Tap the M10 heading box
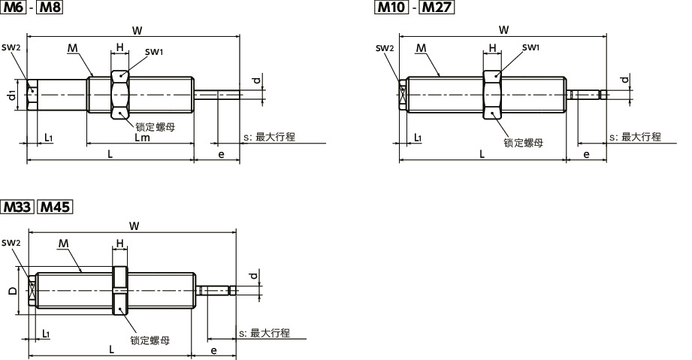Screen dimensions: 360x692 pyautogui.click(x=391, y=8)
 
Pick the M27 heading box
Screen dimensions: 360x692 pyautogui.click(x=438, y=8)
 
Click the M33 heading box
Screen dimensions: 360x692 pyautogui.click(x=17, y=206)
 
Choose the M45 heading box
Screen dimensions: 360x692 pyautogui.click(x=55, y=206)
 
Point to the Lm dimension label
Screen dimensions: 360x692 pyautogui.click(x=141, y=138)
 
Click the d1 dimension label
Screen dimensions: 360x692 pyautogui.click(x=12, y=95)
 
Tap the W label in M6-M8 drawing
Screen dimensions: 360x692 pyautogui.click(x=135, y=31)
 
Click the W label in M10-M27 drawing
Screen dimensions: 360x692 pyautogui.click(x=503, y=30)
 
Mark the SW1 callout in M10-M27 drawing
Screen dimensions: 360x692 pyautogui.click(x=530, y=47)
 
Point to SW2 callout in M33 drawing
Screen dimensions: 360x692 pyautogui.click(x=11, y=243)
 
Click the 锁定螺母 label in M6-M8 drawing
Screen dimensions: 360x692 pyautogui.click(x=156, y=127)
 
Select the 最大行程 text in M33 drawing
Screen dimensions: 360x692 pyautogui.click(x=270, y=333)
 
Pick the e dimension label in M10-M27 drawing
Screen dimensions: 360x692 pyautogui.click(x=586, y=154)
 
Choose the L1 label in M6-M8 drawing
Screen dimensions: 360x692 pyautogui.click(x=48, y=138)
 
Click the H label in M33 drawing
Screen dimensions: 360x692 pyautogui.click(x=119, y=243)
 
